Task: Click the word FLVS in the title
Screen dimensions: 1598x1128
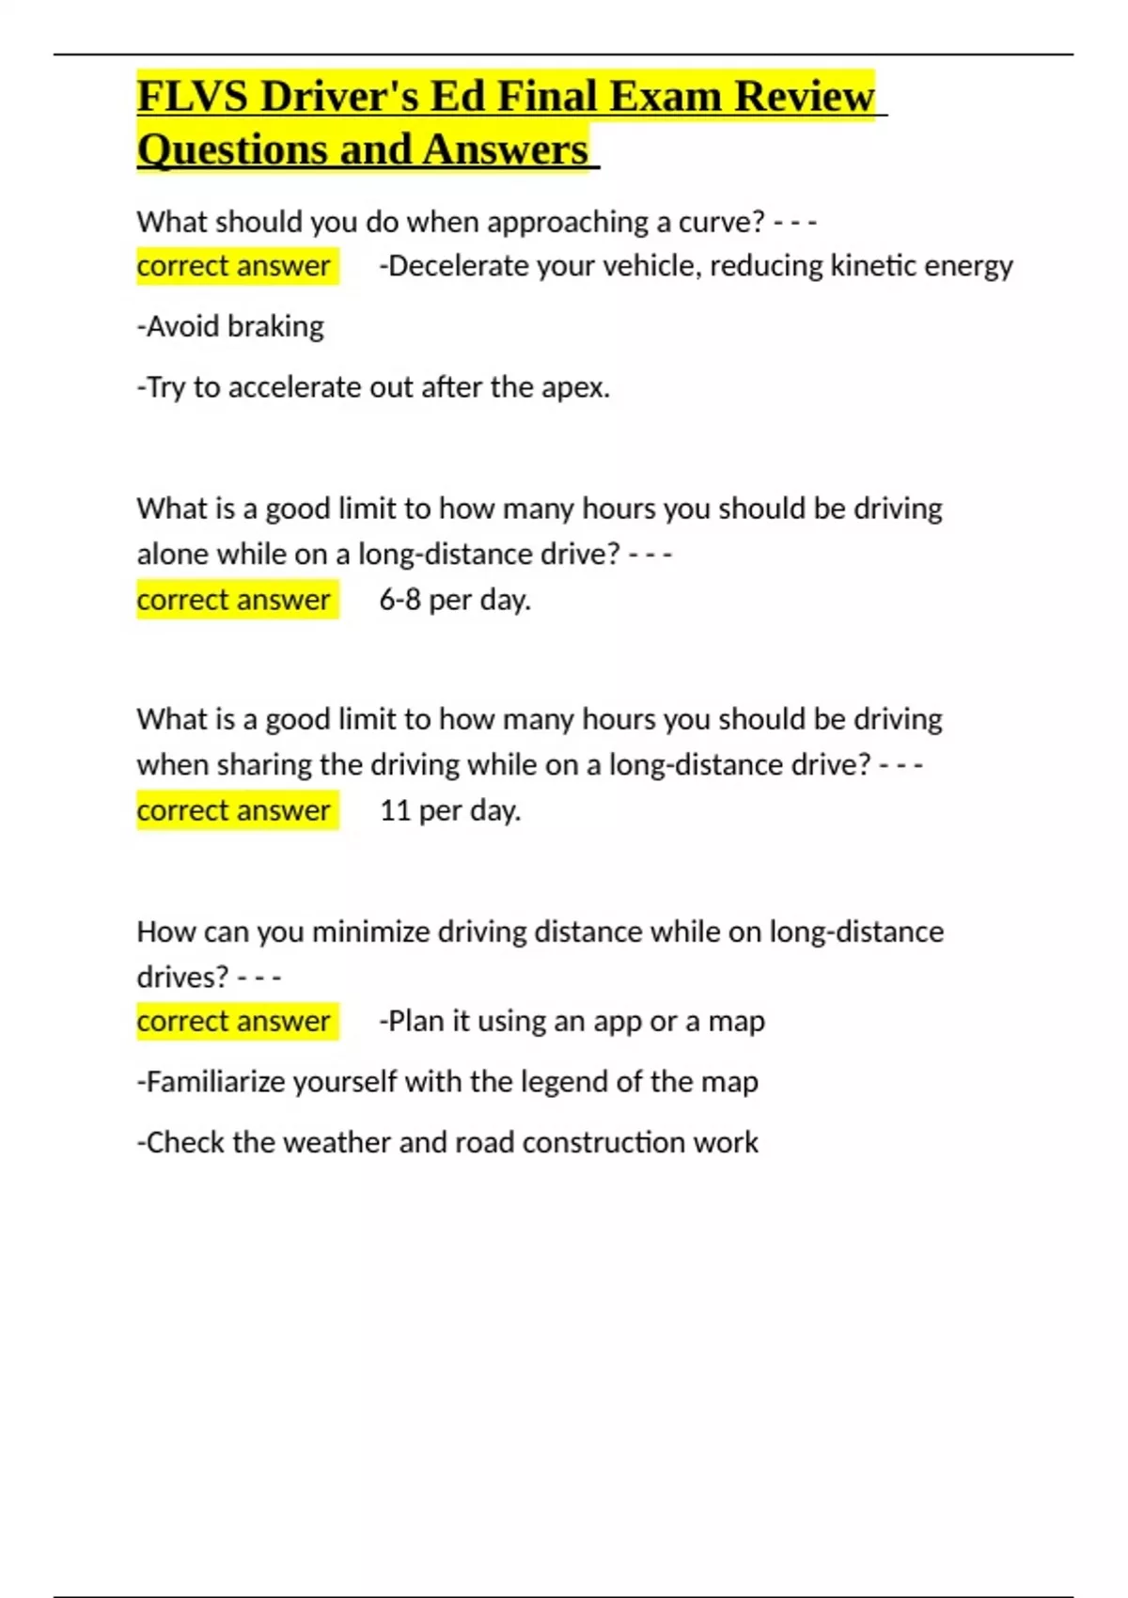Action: pyautogui.click(x=191, y=96)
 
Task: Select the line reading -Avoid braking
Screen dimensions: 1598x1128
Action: pyautogui.click(x=230, y=326)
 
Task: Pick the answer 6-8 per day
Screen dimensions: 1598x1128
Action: pyautogui.click(x=455, y=600)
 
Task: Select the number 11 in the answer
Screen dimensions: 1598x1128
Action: pyautogui.click(x=395, y=810)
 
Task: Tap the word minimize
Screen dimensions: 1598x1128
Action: pyautogui.click(x=370, y=932)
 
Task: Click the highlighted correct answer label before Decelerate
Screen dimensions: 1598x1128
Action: pyautogui.click(x=234, y=266)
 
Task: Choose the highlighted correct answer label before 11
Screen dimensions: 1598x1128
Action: pyautogui.click(x=234, y=810)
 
